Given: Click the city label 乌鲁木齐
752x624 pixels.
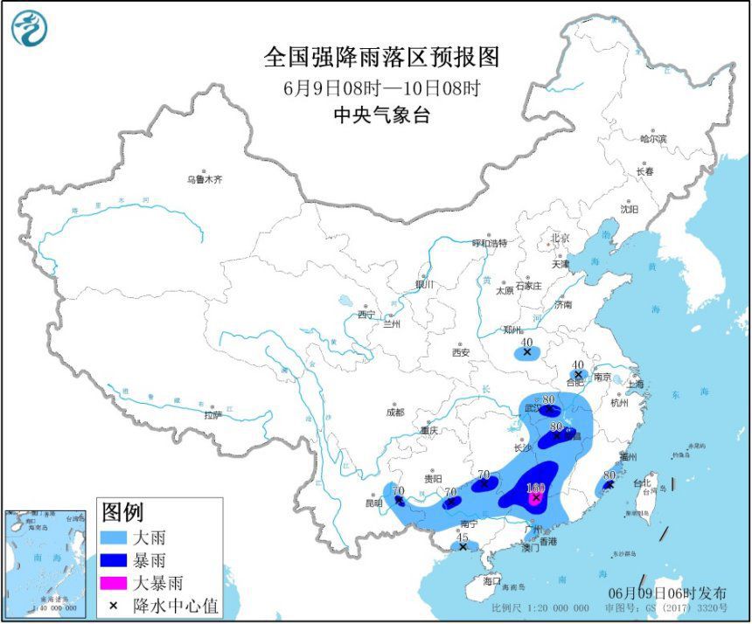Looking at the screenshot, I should [x=204, y=179].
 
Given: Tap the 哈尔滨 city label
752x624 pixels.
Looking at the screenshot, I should [x=652, y=138].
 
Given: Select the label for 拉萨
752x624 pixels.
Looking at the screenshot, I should [x=212, y=415].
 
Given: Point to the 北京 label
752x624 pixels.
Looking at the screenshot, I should [x=560, y=238].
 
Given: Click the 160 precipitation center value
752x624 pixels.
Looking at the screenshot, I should [x=536, y=488].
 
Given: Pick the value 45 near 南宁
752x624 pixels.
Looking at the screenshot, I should [x=463, y=537].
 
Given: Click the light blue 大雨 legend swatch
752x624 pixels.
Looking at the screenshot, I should [x=115, y=537].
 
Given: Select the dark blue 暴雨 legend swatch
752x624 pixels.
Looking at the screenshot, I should [x=115, y=559].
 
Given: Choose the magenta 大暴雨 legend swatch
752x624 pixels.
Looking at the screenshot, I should [x=115, y=582].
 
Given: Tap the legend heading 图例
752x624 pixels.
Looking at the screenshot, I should [x=122, y=512].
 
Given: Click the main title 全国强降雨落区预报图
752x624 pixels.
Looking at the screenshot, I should [x=381, y=58].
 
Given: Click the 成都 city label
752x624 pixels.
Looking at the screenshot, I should [x=394, y=413].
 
